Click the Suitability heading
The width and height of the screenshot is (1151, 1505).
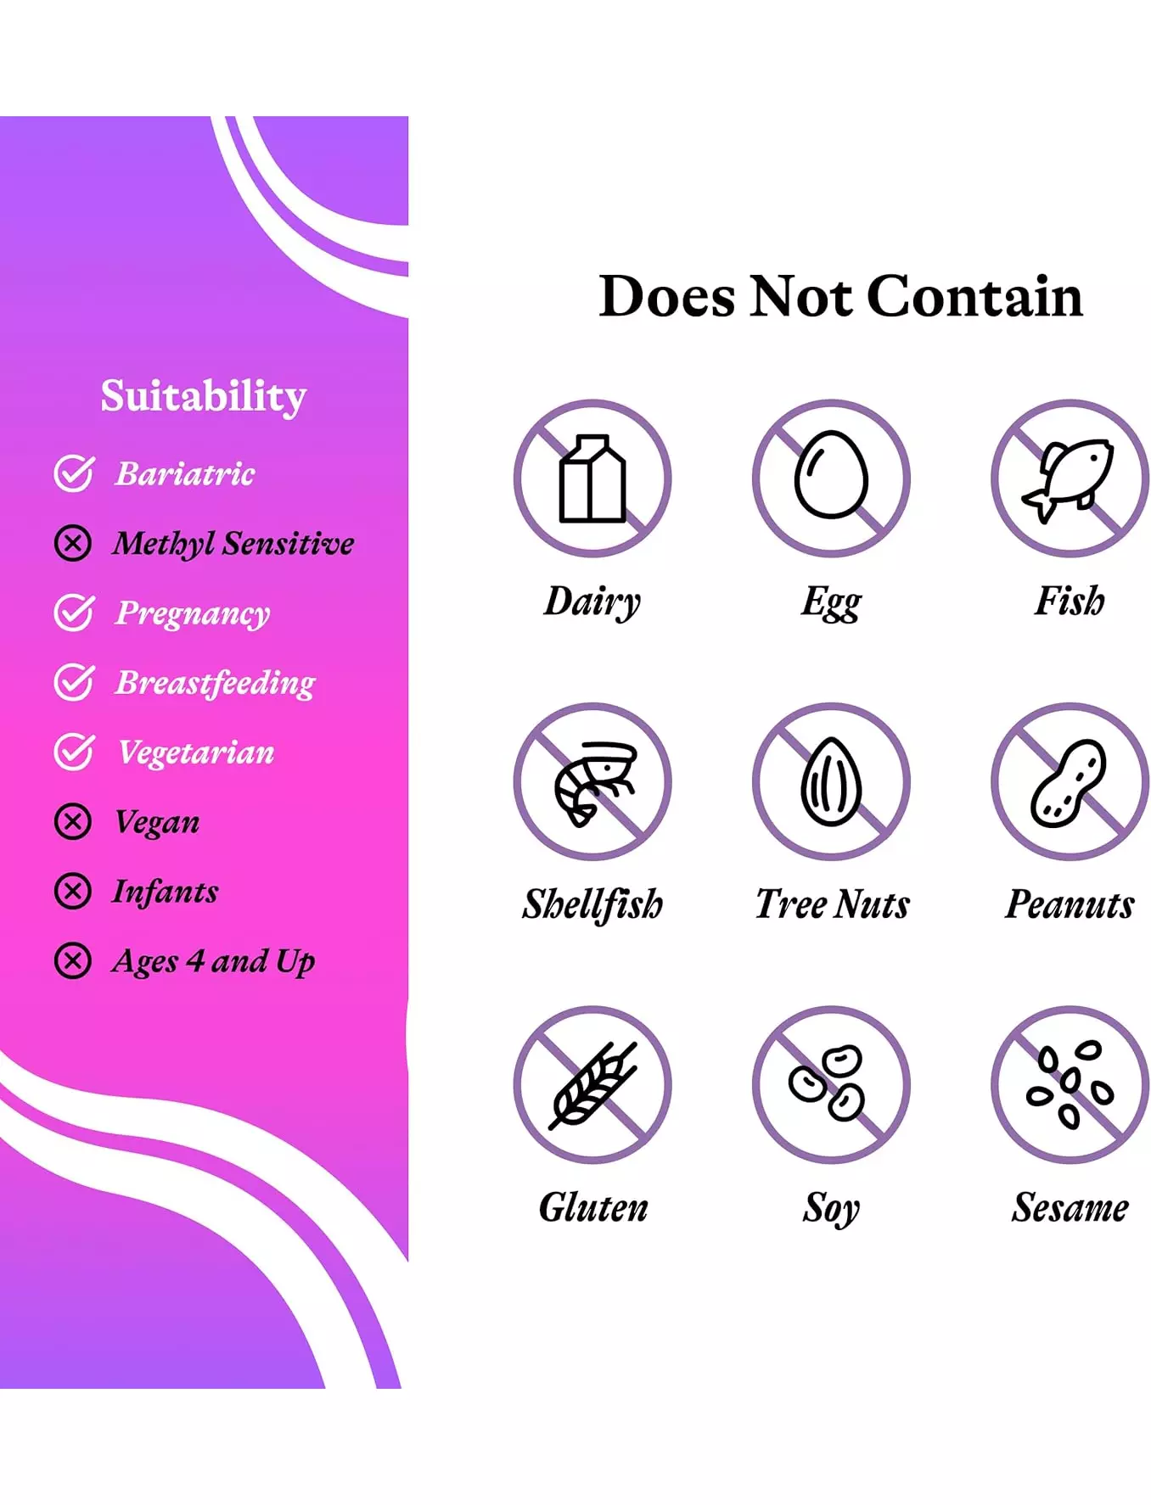tap(203, 396)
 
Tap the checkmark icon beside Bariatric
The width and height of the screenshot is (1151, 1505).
tap(74, 473)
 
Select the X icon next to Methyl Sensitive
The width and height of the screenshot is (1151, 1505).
tap(73, 543)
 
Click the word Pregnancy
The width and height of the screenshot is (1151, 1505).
tap(193, 613)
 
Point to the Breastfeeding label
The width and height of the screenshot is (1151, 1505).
tap(215, 683)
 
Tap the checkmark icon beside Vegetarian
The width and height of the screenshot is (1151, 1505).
tap(74, 752)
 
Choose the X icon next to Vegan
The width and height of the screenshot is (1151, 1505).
tap(73, 821)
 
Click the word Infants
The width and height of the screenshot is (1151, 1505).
tap(166, 891)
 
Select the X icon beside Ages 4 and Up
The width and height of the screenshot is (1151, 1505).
tap(73, 961)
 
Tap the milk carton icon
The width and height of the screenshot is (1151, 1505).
tap(592, 478)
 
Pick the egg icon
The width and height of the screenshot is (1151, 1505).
tap(831, 474)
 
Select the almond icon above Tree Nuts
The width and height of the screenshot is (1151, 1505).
tap(831, 781)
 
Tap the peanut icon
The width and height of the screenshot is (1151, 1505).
tap(1069, 782)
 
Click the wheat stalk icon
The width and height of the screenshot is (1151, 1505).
tap(592, 1085)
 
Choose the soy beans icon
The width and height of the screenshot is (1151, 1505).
tap(827, 1082)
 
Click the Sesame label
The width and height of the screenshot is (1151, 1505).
tap(1070, 1207)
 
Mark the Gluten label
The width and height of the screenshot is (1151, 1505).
tap(593, 1207)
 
